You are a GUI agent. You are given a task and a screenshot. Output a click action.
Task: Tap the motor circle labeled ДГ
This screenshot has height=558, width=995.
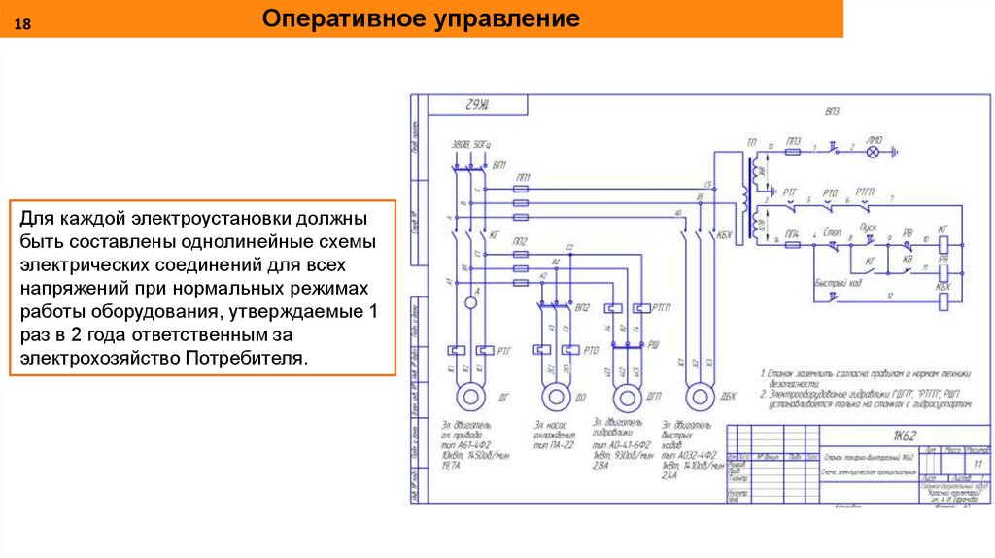(470, 397)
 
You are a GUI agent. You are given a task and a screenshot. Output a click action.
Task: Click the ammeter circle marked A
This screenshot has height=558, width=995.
(470, 303)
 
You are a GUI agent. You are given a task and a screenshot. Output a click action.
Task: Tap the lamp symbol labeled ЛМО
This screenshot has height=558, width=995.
(874, 152)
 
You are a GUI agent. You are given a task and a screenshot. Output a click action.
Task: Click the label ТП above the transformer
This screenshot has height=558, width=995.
(751, 143)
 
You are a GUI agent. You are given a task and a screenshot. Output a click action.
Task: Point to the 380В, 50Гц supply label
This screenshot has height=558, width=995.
(471, 145)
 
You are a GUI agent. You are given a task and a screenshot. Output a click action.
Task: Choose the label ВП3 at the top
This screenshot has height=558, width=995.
(832, 112)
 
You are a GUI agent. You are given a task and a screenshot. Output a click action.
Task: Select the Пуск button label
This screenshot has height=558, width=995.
(872, 227)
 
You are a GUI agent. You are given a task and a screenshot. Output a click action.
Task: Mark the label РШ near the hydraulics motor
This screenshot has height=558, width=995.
(655, 343)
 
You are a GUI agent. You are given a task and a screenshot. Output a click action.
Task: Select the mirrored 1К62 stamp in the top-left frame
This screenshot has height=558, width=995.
(477, 105)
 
